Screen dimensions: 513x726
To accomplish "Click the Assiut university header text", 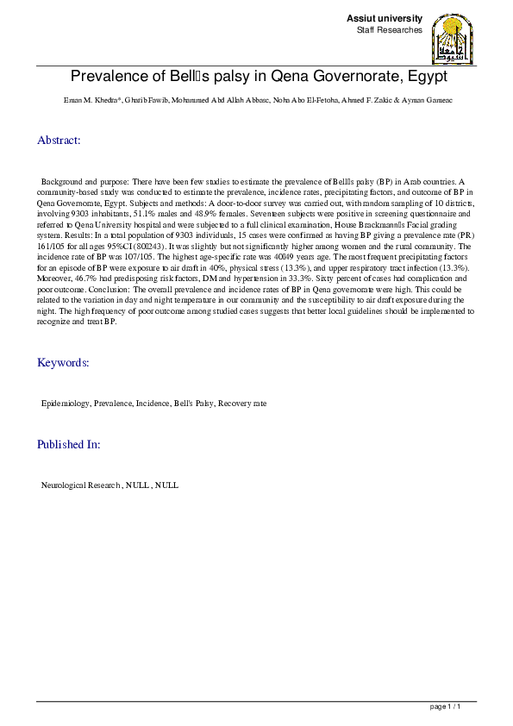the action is coord(384,18).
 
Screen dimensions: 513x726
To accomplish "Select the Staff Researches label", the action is coord(389,30).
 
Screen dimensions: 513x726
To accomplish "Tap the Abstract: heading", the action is coord(59,140).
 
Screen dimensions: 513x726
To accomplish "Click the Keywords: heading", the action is coord(62,363).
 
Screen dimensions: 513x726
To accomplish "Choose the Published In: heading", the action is coord(68,445).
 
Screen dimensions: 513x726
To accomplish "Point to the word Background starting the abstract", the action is coord(62,184).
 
